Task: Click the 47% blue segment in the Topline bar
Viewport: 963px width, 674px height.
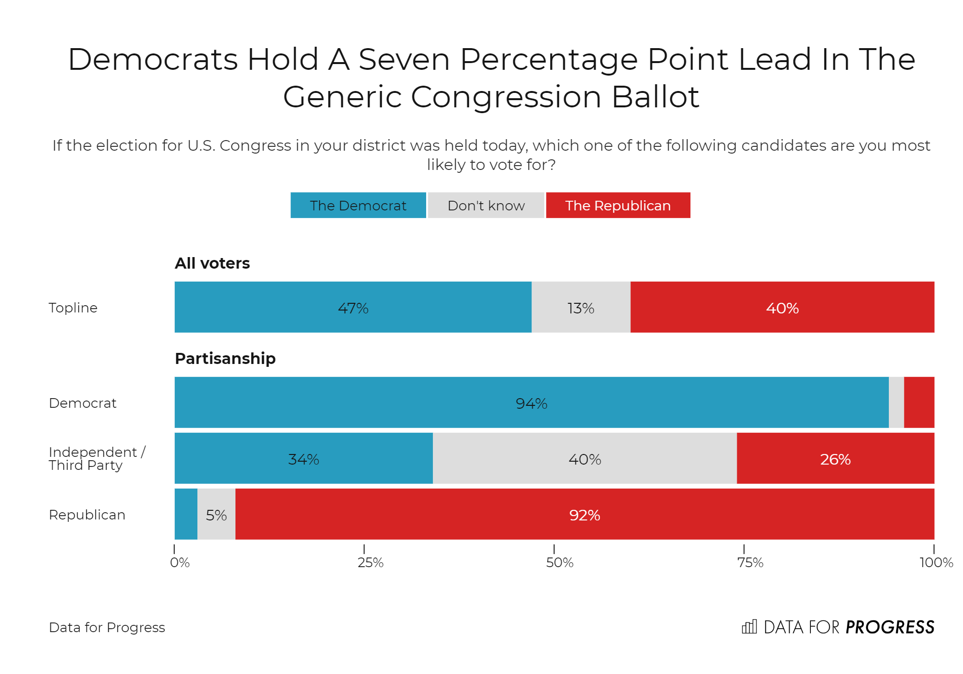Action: [x=353, y=307]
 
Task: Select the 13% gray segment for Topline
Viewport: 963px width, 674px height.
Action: [x=581, y=307]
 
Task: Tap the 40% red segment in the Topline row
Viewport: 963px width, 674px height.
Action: [x=782, y=307]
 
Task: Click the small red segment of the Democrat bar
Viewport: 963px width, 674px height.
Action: [x=919, y=402]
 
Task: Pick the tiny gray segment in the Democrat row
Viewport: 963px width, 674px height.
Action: [x=896, y=402]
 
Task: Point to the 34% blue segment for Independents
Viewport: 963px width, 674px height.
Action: [x=303, y=458]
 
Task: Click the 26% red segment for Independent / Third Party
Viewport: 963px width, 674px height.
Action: [x=835, y=458]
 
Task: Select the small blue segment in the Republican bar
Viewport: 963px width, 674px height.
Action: [x=186, y=514]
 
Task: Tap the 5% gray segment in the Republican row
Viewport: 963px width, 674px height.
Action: [x=216, y=514]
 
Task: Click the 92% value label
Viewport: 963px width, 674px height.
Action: [x=585, y=515]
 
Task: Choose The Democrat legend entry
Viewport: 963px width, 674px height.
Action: [x=358, y=206]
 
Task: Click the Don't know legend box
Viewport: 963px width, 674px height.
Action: [x=486, y=206]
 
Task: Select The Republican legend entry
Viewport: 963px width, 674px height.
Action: [x=618, y=206]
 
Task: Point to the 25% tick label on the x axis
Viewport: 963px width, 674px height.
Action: [x=370, y=562]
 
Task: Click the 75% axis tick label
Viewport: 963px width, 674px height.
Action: [x=750, y=562]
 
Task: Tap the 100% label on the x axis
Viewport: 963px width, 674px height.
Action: [x=936, y=562]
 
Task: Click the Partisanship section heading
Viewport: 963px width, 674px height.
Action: [x=225, y=359]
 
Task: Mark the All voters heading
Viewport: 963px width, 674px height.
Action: [x=212, y=263]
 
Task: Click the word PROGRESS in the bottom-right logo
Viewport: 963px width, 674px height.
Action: [x=890, y=627]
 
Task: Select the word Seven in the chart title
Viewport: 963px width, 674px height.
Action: [x=403, y=60]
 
